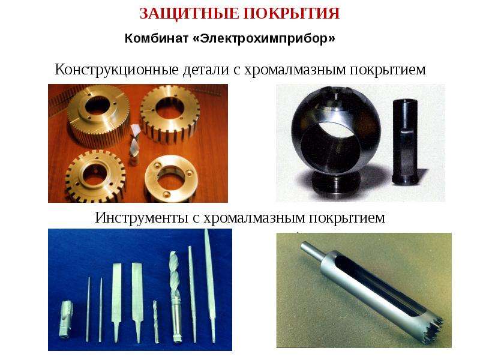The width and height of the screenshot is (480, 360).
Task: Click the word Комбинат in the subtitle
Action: [156, 38]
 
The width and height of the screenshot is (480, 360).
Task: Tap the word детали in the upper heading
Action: [206, 69]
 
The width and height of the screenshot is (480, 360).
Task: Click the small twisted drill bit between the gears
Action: [134, 144]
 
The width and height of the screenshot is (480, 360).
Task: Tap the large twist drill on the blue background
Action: [175, 296]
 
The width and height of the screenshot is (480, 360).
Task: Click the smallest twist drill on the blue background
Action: [156, 322]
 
